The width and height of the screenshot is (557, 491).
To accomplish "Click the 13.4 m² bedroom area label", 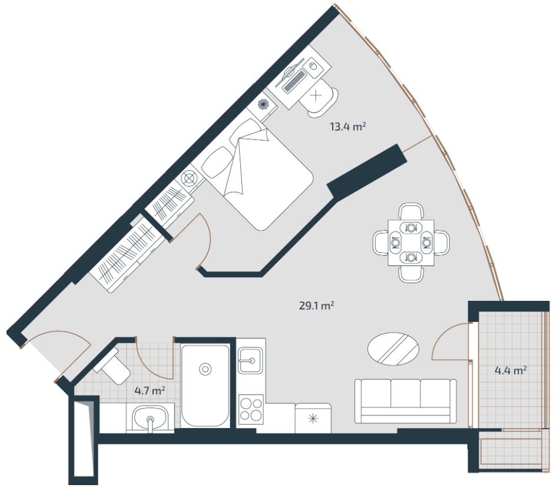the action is (348, 127).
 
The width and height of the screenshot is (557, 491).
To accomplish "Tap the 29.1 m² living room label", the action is (317, 306).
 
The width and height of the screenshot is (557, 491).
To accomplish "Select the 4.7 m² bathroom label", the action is (150, 391).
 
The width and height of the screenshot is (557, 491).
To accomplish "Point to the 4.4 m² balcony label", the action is (510, 371).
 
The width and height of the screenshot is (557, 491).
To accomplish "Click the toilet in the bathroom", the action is (112, 367).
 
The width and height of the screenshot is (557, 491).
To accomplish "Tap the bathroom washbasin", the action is (151, 419).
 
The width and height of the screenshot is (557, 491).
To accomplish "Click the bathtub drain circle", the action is (205, 369).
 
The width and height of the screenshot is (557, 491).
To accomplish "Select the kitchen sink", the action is (250, 360).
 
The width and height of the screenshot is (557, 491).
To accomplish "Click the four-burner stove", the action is (251, 409).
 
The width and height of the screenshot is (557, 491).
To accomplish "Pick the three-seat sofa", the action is (406, 401).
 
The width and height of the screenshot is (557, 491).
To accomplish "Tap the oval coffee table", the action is (393, 349).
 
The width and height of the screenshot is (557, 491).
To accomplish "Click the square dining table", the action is (411, 243).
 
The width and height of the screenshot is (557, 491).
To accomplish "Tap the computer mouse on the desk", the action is (313, 66).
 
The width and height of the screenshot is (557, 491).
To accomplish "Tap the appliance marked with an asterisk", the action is (313, 418).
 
